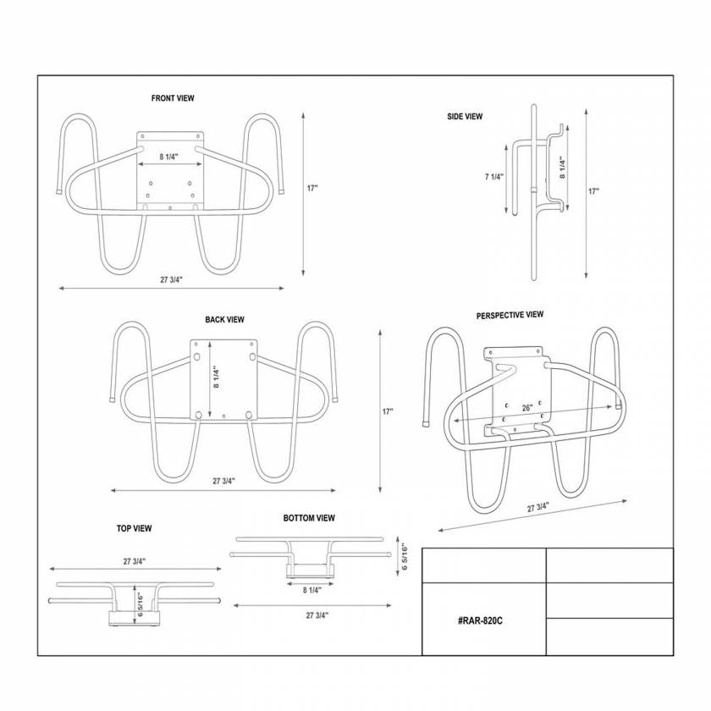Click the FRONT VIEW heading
(173, 98)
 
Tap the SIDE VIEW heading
(465, 117)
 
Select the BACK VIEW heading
(224, 320)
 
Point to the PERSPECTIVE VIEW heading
(510, 315)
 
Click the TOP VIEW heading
(134, 528)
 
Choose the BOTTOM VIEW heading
(309, 518)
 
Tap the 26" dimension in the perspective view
(527, 408)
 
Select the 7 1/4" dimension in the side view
(494, 177)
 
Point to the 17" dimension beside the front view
(312, 188)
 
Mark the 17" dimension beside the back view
(388, 411)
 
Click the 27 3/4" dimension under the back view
(223, 481)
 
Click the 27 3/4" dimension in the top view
(135, 560)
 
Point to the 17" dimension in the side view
(593, 191)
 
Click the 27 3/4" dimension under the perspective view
(538, 508)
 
